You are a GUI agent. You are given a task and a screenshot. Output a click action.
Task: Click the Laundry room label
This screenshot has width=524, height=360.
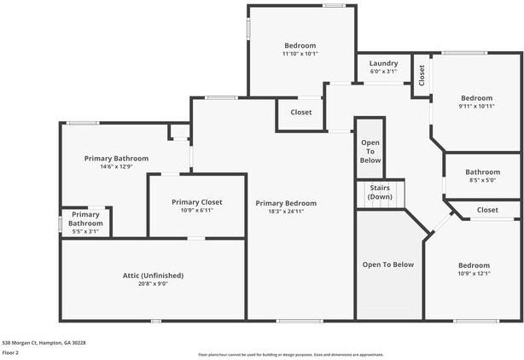click(383, 63)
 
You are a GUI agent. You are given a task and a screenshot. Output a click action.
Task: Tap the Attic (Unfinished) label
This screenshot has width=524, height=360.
click(153, 276)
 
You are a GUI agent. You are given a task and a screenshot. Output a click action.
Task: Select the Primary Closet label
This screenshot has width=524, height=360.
click(196, 202)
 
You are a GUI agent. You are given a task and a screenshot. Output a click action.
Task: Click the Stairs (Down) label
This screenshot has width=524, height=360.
click(380, 192)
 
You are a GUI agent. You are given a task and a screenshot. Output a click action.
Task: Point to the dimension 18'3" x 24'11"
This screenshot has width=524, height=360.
click(286, 212)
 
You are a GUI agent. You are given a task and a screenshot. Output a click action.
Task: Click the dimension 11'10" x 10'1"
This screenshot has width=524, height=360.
click(300, 54)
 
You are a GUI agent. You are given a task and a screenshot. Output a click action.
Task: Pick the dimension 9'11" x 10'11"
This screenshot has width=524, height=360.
click(476, 107)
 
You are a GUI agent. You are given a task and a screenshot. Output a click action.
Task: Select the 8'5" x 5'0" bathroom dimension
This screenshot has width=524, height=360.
click(482, 180)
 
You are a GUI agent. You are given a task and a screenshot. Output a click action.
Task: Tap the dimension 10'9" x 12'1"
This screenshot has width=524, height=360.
click(474, 274)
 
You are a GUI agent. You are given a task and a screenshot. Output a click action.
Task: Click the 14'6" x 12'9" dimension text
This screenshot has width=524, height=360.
click(116, 166)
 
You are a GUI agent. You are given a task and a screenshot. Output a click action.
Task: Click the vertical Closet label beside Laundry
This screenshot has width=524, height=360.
click(422, 76)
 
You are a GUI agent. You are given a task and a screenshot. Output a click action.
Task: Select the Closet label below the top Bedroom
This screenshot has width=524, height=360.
click(300, 113)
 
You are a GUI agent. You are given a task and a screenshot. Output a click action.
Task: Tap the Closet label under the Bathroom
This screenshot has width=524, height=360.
click(487, 210)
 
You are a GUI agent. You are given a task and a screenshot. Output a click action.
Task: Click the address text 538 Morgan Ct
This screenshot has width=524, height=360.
click(44, 342)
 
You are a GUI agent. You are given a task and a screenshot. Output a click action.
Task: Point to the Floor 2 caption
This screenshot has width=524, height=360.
click(11, 351)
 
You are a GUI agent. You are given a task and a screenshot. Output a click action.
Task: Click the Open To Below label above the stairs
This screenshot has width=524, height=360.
click(370, 151)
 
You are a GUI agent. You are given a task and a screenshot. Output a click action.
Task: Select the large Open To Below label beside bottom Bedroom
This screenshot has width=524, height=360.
click(387, 264)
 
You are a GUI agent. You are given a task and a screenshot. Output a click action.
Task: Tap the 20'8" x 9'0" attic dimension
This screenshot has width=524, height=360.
click(153, 284)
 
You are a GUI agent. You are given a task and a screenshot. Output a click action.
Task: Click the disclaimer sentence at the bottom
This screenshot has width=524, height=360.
click(290, 354)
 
